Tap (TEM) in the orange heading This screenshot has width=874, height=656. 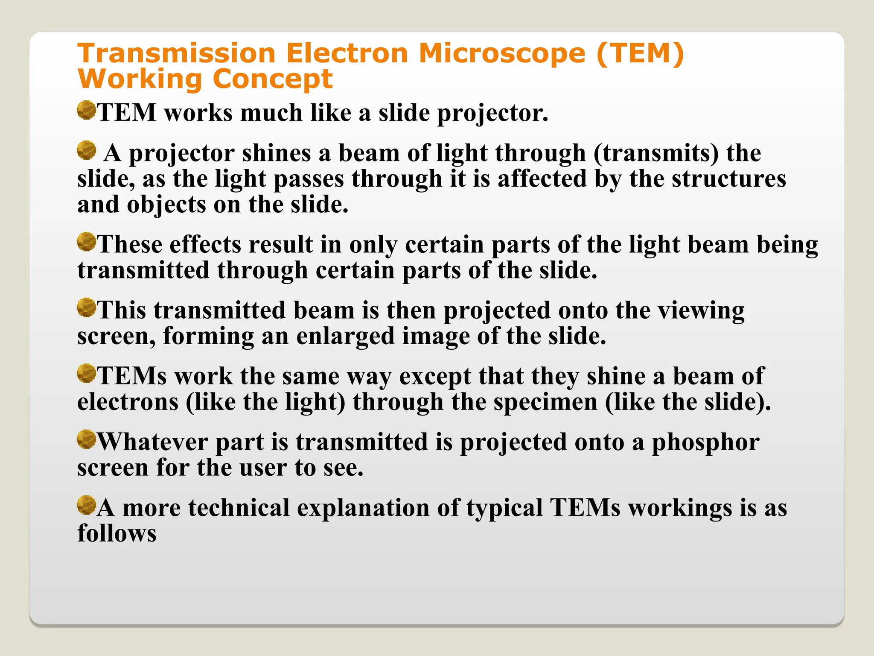tap(640, 54)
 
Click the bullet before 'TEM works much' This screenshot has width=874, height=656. tap(86, 111)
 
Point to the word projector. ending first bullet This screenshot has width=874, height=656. tap(492, 114)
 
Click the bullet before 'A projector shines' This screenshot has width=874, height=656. tap(86, 150)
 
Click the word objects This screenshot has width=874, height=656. tap(166, 205)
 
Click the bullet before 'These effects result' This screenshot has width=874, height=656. tap(86, 242)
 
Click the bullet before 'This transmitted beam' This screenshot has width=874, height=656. tap(86, 308)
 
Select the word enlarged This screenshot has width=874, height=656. tap(345, 337)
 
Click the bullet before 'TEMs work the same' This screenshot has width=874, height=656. tap(86, 374)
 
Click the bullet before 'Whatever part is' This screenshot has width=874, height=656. tap(86, 439)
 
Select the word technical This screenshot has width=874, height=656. tap(239, 508)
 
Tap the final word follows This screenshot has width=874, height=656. tap(117, 534)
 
